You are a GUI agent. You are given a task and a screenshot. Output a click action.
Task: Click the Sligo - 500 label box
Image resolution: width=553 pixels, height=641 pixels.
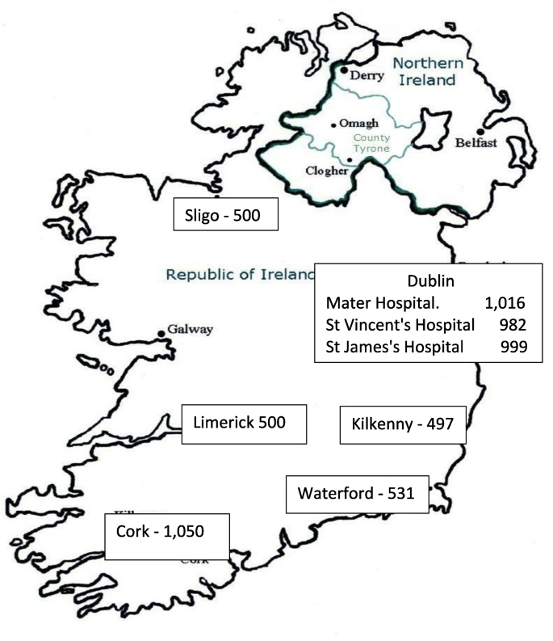tap(227, 217)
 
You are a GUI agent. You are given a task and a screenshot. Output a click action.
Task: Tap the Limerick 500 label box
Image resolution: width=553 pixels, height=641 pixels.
tap(245, 422)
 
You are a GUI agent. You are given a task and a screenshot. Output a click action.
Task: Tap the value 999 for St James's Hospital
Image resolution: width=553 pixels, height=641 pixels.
tap(513, 347)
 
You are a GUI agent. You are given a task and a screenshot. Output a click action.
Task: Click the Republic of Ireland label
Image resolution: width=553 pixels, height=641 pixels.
tap(239, 274)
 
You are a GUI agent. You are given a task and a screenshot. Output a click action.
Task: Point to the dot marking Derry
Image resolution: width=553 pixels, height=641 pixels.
tap(344, 71)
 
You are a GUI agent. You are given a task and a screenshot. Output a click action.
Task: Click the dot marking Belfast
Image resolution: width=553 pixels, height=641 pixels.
tap(480, 132)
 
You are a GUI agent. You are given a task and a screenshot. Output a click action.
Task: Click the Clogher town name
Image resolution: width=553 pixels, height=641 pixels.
tap(327, 171)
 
